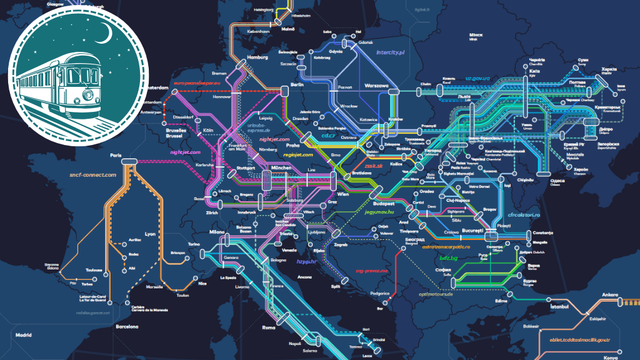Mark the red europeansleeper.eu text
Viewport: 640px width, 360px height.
click(208, 83)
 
